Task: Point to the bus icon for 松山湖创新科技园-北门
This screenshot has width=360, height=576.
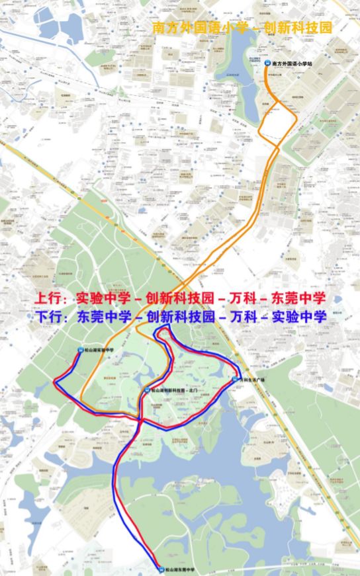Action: coord(146,391)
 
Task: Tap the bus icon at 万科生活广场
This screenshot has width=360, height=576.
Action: coord(234,380)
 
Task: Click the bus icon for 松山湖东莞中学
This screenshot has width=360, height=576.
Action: coord(160,569)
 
